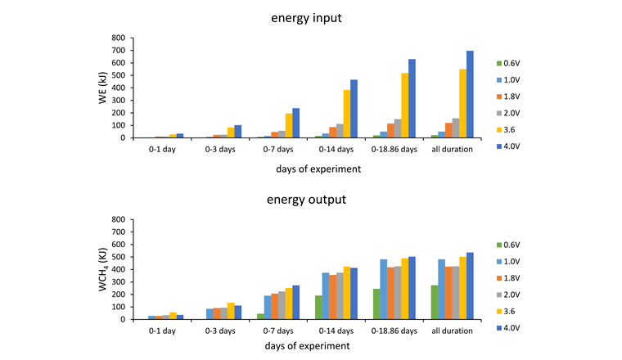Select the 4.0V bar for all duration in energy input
470,94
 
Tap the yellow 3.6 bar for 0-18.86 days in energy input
405,106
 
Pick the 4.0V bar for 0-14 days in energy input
354,109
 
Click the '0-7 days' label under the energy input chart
278,149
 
